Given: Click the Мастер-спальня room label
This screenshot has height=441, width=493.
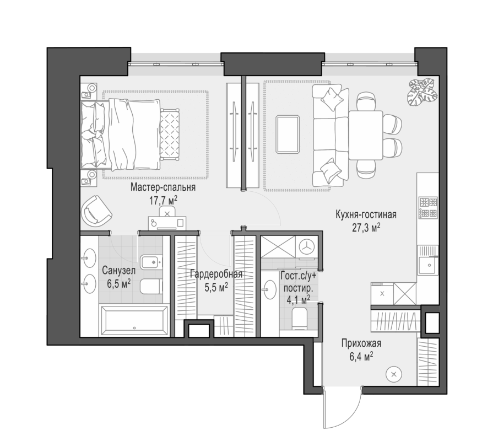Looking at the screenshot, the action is coord(163,187).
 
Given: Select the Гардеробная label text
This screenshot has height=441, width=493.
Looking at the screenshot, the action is coord(216,274).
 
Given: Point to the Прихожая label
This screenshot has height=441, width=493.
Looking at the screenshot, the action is coord(361,343).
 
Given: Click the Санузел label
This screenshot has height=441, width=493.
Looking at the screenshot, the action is coord(119,271).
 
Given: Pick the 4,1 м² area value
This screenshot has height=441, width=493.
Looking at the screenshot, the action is coord(298,299).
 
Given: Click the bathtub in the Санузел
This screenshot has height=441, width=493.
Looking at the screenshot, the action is coord(134,320).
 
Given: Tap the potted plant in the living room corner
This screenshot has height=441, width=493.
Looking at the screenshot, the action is coord(422,91).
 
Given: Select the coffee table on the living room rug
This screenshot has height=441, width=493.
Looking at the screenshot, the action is coord(288,135).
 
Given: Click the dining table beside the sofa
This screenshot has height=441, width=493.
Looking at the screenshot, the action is coord(365,135).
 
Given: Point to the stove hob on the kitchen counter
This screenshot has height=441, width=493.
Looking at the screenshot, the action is coord(427,208).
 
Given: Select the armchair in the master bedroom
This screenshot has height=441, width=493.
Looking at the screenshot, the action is coord(96,210).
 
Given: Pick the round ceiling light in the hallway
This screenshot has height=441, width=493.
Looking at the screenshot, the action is coord(394,374).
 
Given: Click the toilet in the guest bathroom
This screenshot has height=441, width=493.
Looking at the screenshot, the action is coord(300,319).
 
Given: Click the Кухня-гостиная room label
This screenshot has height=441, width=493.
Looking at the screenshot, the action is coord(366,214).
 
